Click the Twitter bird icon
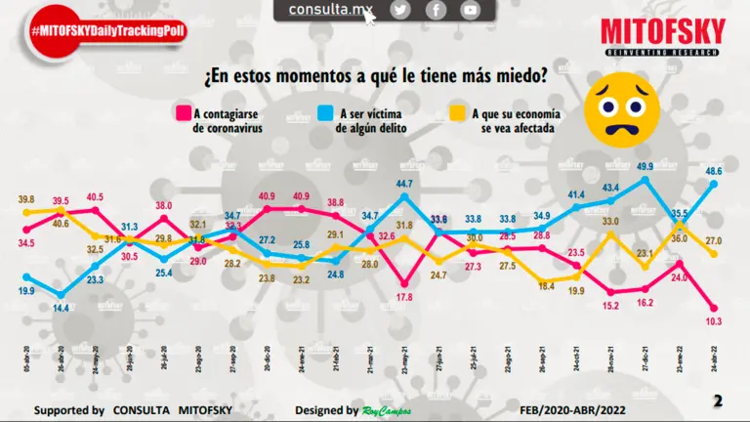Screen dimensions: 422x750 (x=400, y=10)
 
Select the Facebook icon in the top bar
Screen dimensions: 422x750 (x=436, y=10)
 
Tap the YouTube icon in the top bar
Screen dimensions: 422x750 (x=471, y=10)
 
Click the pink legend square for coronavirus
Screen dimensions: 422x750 (x=181, y=112)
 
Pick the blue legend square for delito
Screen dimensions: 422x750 (x=325, y=112)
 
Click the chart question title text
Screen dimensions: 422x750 (x=374, y=75)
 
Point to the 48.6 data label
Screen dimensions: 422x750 (x=714, y=171)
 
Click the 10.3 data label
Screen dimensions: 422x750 (x=714, y=321)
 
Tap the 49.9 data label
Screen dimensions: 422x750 (x=645, y=167)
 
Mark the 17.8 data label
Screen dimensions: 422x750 (x=405, y=297)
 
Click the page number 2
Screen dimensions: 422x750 (x=718, y=401)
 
